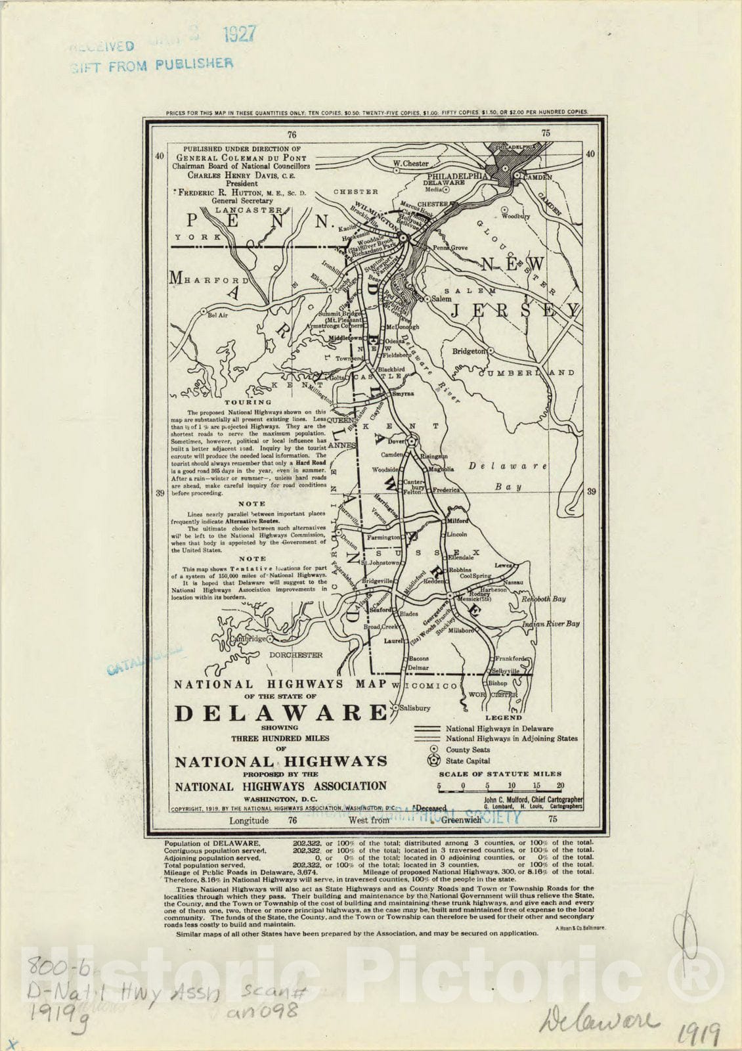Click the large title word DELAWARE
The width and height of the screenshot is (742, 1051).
click(x=281, y=713)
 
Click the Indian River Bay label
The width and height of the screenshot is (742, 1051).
click(x=551, y=623)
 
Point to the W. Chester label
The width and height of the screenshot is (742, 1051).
click(x=411, y=164)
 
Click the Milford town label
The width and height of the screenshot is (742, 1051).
click(x=458, y=520)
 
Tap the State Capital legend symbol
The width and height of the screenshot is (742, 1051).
click(x=433, y=761)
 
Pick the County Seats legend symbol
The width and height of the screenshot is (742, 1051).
click(x=433, y=749)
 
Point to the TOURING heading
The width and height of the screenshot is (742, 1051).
click(x=248, y=402)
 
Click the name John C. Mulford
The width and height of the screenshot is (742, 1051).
click(x=508, y=799)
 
